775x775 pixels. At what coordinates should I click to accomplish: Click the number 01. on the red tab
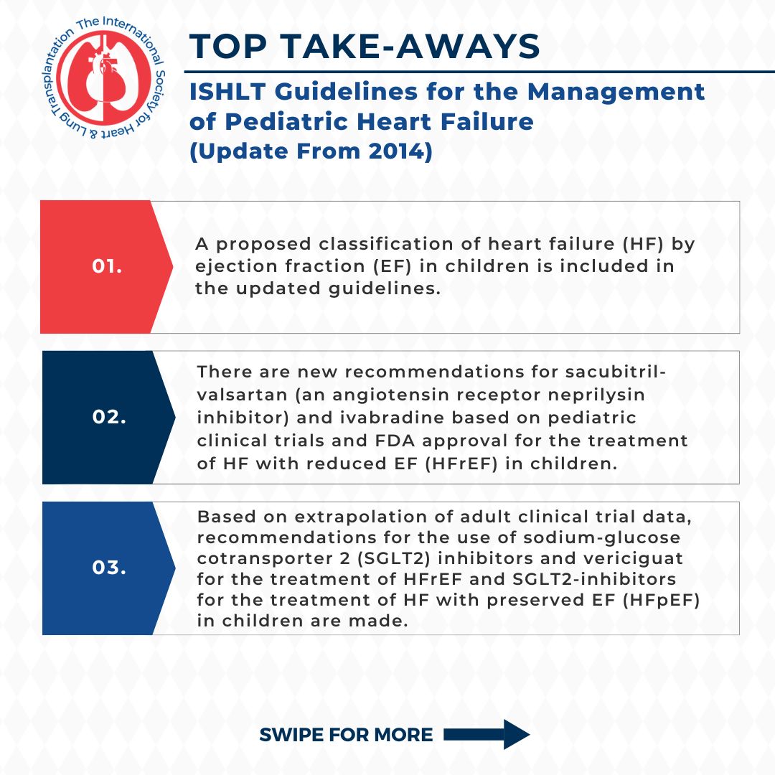(107, 266)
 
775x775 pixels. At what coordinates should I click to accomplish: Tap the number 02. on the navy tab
(109, 417)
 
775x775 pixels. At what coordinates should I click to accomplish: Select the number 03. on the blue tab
(109, 567)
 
